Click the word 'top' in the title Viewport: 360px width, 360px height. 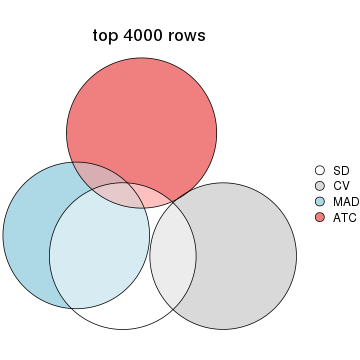(105, 36)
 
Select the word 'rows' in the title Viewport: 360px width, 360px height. (188, 36)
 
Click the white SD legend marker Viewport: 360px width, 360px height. (320, 170)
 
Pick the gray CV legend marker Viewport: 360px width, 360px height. (320, 186)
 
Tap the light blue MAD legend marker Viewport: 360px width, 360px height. (320, 201)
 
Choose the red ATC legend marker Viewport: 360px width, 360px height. (320, 217)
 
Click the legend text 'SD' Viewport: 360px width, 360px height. (340, 170)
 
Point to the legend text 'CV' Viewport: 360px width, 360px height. (340, 186)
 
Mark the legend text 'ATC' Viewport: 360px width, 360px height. (344, 217)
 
